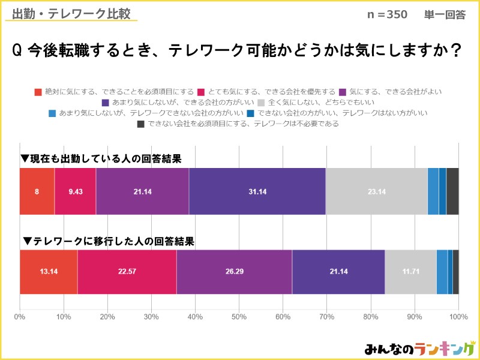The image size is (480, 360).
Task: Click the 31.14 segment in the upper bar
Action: coord(257,191)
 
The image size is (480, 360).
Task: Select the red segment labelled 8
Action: coord(37,191)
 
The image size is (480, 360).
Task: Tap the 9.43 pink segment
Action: coord(75,191)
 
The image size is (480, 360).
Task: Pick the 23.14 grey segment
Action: coord(377,191)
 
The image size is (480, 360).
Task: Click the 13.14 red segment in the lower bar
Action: coord(49,272)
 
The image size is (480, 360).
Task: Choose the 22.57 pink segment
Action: coord(127,272)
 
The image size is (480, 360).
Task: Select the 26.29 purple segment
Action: coord(234,272)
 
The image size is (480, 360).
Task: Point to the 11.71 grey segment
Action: coord(410,272)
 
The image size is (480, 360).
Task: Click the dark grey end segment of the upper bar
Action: coord(452,191)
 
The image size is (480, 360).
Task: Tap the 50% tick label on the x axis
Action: coord(239,317)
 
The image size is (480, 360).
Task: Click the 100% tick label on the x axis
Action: coord(458,317)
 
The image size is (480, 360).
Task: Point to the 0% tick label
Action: coord(20,317)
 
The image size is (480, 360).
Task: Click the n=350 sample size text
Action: coord(388,14)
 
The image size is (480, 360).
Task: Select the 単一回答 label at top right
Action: coord(445,14)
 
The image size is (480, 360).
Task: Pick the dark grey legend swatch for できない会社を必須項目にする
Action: coord(140,124)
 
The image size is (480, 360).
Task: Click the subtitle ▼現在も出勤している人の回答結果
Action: coord(101,159)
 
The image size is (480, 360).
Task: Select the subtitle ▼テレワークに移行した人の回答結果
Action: coord(108,241)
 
